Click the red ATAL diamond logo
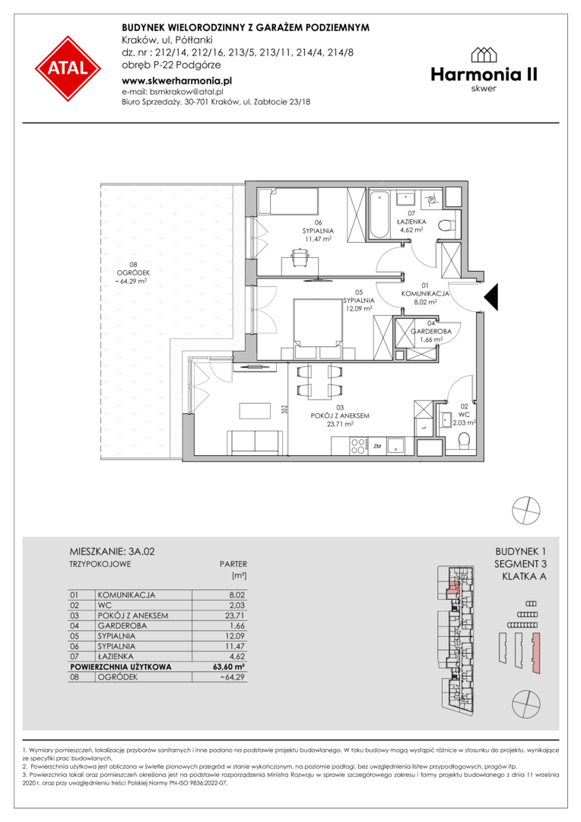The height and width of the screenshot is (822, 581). [68, 68]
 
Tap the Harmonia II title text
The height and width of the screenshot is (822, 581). [484, 75]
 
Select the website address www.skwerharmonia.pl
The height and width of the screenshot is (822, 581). [176, 81]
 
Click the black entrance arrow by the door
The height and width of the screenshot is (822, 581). [491, 298]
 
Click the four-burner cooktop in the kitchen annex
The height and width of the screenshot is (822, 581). [358, 445]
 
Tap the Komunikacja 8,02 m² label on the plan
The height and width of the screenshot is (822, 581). [425, 294]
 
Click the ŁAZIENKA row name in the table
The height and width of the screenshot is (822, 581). [116, 656]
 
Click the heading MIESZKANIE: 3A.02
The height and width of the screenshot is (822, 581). [112, 552]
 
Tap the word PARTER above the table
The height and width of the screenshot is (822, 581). [233, 564]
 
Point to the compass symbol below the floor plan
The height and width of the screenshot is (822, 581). [526, 510]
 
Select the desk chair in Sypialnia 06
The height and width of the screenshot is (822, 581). [300, 258]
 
